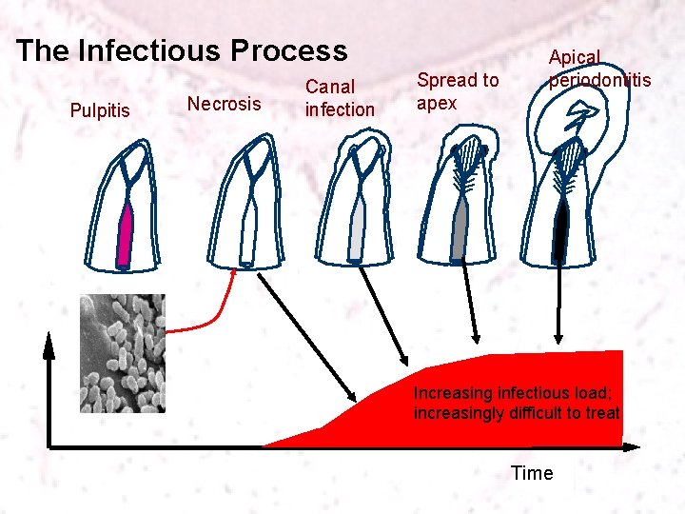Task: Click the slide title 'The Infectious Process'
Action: click(x=182, y=50)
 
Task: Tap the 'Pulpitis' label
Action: click(x=100, y=111)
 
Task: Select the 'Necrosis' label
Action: click(x=224, y=103)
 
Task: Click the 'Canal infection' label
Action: click(x=340, y=98)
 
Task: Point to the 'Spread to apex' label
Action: click(x=458, y=91)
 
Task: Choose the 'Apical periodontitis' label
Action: click(x=598, y=69)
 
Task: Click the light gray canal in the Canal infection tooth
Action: click(x=358, y=232)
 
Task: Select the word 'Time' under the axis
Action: click(x=532, y=473)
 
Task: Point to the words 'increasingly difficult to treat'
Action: click(x=517, y=413)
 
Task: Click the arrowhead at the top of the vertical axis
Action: click(x=49, y=345)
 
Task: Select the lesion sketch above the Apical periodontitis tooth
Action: click(x=577, y=120)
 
